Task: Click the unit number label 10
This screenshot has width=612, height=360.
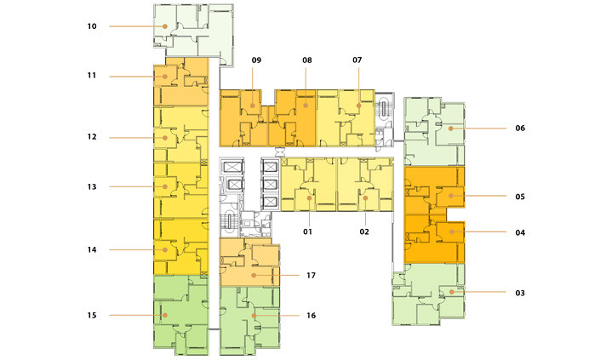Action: pos(92,26)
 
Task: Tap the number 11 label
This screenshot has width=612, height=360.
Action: pos(92,75)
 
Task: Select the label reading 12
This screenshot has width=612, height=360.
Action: pos(92,137)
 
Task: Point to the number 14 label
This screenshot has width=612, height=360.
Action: pos(92,249)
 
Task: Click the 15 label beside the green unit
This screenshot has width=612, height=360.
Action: pos(92,315)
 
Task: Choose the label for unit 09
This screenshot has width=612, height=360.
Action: pos(256,60)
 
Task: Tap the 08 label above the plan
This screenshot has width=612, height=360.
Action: pos(307,60)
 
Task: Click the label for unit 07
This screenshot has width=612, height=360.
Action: pos(357,60)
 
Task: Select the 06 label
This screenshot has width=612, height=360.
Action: pos(520,128)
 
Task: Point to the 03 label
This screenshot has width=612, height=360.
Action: pos(520,293)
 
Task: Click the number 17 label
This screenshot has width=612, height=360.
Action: pos(311,275)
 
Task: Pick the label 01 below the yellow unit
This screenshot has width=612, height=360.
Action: pos(307,231)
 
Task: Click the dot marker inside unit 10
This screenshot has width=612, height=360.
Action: pos(165,26)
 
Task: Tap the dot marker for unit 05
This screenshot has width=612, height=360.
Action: pos(451,196)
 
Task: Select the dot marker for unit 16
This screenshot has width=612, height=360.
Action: pos(255,316)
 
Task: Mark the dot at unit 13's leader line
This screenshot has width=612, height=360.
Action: pos(165,186)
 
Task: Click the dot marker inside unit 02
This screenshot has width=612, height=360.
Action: pos(365,198)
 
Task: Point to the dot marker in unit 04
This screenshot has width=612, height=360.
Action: pos(452,231)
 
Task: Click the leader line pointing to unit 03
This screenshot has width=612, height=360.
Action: pos(479,292)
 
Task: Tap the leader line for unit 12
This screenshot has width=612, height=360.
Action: pos(137,138)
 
